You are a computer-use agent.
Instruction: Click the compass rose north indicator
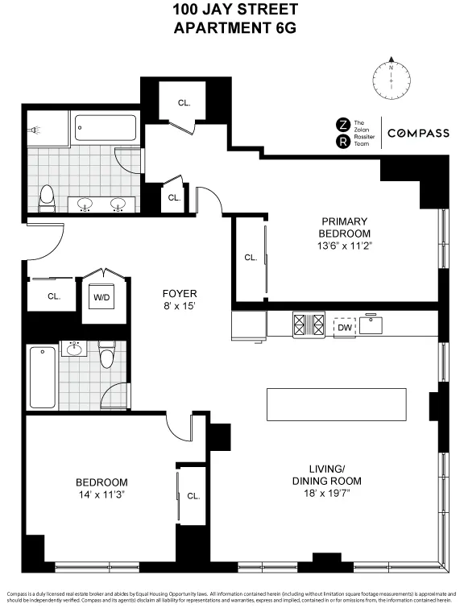[x=391, y=60]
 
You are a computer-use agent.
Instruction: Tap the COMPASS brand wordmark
[x=418, y=133]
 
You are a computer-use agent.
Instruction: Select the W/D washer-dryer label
[x=102, y=296]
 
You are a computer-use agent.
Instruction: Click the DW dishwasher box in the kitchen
[x=344, y=327]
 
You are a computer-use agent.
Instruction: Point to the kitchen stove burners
[x=309, y=326]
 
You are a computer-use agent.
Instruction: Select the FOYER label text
[x=179, y=293]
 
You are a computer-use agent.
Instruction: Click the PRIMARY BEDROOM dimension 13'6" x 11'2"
[x=344, y=246]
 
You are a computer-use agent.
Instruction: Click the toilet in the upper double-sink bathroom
[x=48, y=197]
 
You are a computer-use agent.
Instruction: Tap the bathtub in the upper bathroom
[x=106, y=128]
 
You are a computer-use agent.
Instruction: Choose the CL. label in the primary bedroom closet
[x=251, y=258]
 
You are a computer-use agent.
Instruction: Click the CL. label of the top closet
[x=184, y=102]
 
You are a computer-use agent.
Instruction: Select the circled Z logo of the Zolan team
[x=342, y=124]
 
